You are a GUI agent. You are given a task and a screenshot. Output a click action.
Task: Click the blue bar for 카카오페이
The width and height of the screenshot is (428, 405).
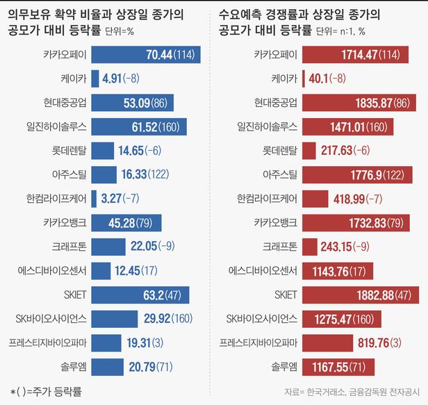coord(145,53)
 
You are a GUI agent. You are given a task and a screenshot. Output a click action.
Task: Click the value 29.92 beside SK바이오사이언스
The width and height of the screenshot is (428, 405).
coord(137,319)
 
